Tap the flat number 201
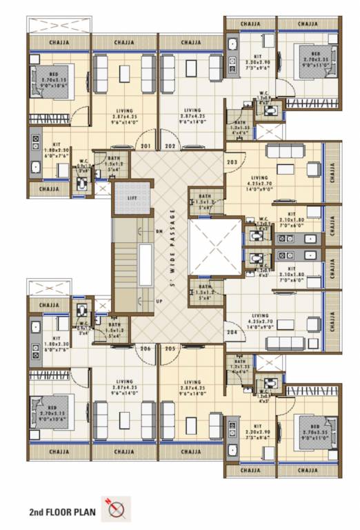pyautogui.click(x=146, y=146)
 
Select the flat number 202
pyautogui.click(x=170, y=146)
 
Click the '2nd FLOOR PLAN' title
pyautogui.click(x=62, y=513)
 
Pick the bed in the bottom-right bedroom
pyautogui.click(x=312, y=431)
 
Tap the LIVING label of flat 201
pyautogui.click(x=124, y=110)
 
